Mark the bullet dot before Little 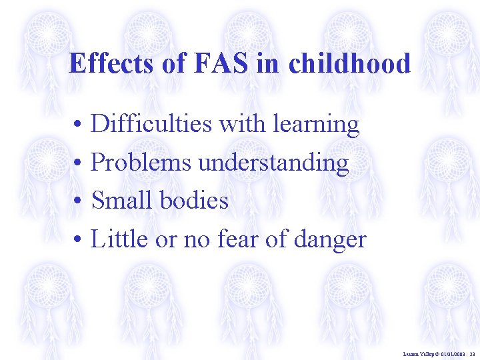[78, 239]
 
